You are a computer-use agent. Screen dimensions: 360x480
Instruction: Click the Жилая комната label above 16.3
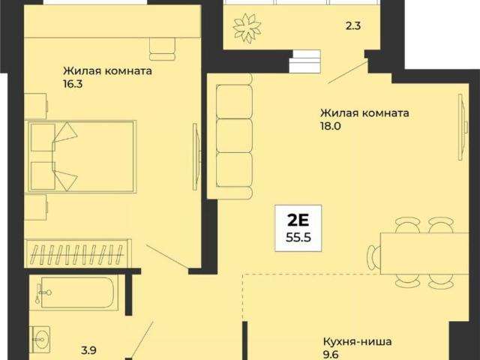(108, 72)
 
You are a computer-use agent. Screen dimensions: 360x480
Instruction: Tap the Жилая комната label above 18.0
(364, 113)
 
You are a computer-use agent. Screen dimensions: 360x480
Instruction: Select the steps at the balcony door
(304, 58)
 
